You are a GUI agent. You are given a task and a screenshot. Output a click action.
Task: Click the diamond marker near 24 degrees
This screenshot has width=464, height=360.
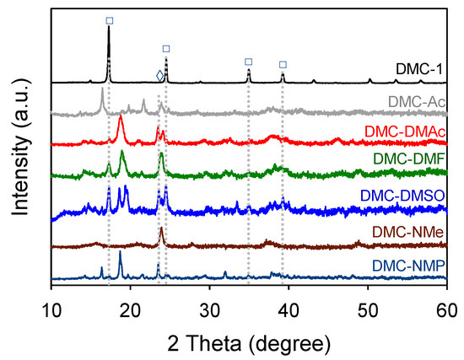point(160,76)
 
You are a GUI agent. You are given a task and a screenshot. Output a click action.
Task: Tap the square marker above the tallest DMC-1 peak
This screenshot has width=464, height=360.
point(109,19)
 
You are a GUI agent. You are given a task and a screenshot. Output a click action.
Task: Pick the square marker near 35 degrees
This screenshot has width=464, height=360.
point(248,62)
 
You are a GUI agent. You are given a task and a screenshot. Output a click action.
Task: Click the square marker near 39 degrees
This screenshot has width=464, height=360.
point(283,64)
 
